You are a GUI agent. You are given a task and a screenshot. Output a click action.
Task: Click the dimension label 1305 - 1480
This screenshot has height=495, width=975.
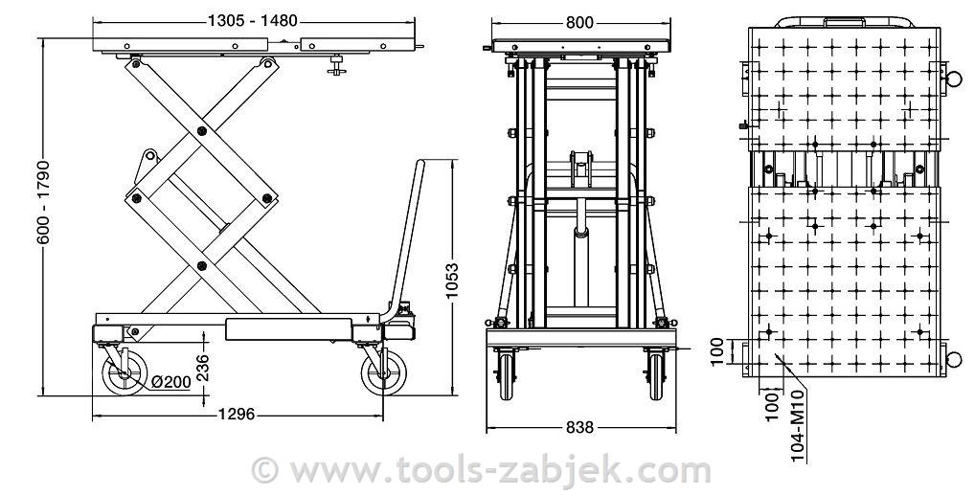tap(253, 21)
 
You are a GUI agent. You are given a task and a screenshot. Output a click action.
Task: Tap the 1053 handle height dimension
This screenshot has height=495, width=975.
tap(452, 280)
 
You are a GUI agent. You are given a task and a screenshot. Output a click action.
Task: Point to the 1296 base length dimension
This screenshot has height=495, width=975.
tap(237, 414)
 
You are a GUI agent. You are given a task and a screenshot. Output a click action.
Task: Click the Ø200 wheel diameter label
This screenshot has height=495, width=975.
tap(170, 382)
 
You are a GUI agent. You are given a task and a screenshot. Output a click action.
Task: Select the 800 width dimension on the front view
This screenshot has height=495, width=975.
tap(579, 23)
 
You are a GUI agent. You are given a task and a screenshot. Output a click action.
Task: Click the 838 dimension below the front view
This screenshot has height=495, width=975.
tap(579, 427)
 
